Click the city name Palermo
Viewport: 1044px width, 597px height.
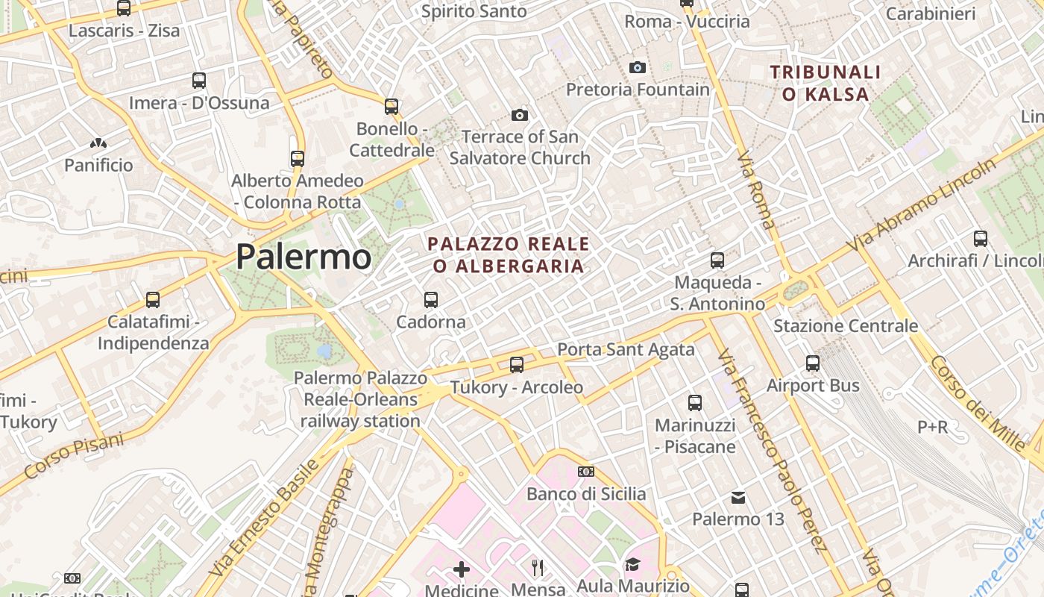(304, 257)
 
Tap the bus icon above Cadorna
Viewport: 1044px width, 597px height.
(430, 300)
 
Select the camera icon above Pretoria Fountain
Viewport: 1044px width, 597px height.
(638, 68)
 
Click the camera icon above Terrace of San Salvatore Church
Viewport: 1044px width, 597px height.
(520, 115)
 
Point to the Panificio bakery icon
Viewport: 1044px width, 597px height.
(98, 143)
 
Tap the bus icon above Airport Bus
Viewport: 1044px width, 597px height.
(813, 363)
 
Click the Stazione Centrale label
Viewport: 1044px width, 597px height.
(846, 326)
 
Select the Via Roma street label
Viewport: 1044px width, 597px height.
(755, 190)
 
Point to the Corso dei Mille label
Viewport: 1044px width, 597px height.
(978, 403)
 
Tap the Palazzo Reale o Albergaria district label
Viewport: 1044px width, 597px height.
(509, 255)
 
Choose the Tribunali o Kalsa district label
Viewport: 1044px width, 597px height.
(826, 84)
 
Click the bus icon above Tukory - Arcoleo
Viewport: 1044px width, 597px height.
(517, 365)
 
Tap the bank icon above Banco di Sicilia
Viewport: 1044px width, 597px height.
(586, 472)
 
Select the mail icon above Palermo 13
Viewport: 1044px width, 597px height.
(738, 497)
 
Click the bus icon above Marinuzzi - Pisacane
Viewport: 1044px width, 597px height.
(695, 403)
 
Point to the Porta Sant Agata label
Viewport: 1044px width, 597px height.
(626, 349)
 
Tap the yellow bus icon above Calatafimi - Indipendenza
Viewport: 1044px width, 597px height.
(153, 300)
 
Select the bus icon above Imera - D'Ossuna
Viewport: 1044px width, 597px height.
(199, 81)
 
